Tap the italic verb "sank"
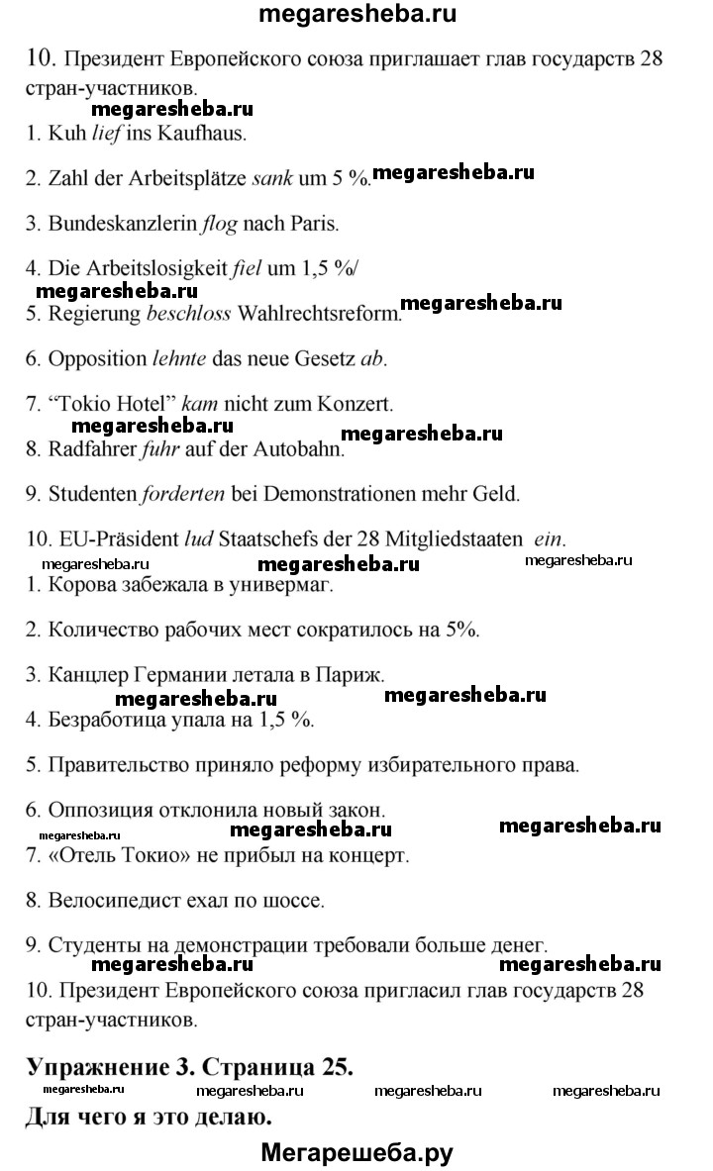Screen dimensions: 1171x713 click(274, 178)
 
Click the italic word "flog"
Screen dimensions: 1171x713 click(219, 224)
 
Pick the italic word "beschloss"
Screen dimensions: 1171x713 click(188, 315)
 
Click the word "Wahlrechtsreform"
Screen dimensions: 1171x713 click(318, 315)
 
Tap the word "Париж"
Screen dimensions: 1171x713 click(352, 675)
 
